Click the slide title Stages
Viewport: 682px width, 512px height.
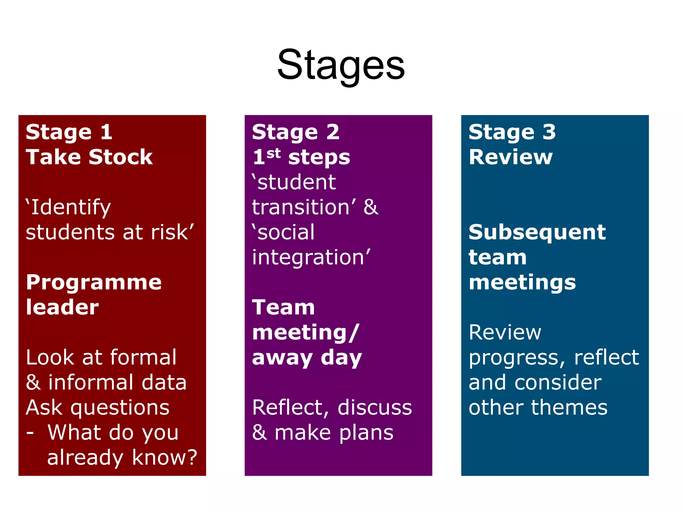(x=341, y=65)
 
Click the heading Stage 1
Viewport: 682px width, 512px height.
(x=69, y=132)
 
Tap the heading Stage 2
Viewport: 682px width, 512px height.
(x=295, y=132)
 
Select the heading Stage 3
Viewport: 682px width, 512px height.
(x=512, y=132)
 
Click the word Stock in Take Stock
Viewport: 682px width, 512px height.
(x=121, y=157)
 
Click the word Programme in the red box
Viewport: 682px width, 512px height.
(x=94, y=282)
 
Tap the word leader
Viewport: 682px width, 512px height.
(x=62, y=307)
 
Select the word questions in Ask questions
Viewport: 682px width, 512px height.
(x=120, y=408)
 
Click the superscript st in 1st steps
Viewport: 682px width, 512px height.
(x=273, y=154)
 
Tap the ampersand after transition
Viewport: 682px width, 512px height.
(x=371, y=207)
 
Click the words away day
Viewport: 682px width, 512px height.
(x=307, y=358)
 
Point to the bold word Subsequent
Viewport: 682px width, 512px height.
(x=537, y=232)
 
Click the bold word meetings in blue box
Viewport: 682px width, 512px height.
(x=522, y=283)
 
